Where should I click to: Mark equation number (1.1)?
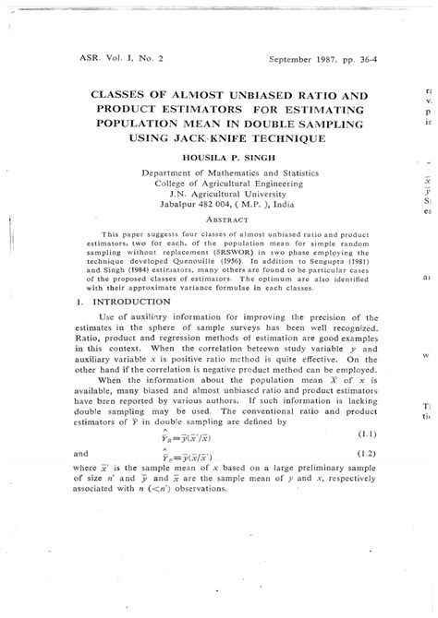point(368,434)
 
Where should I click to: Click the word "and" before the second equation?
point(79,453)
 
